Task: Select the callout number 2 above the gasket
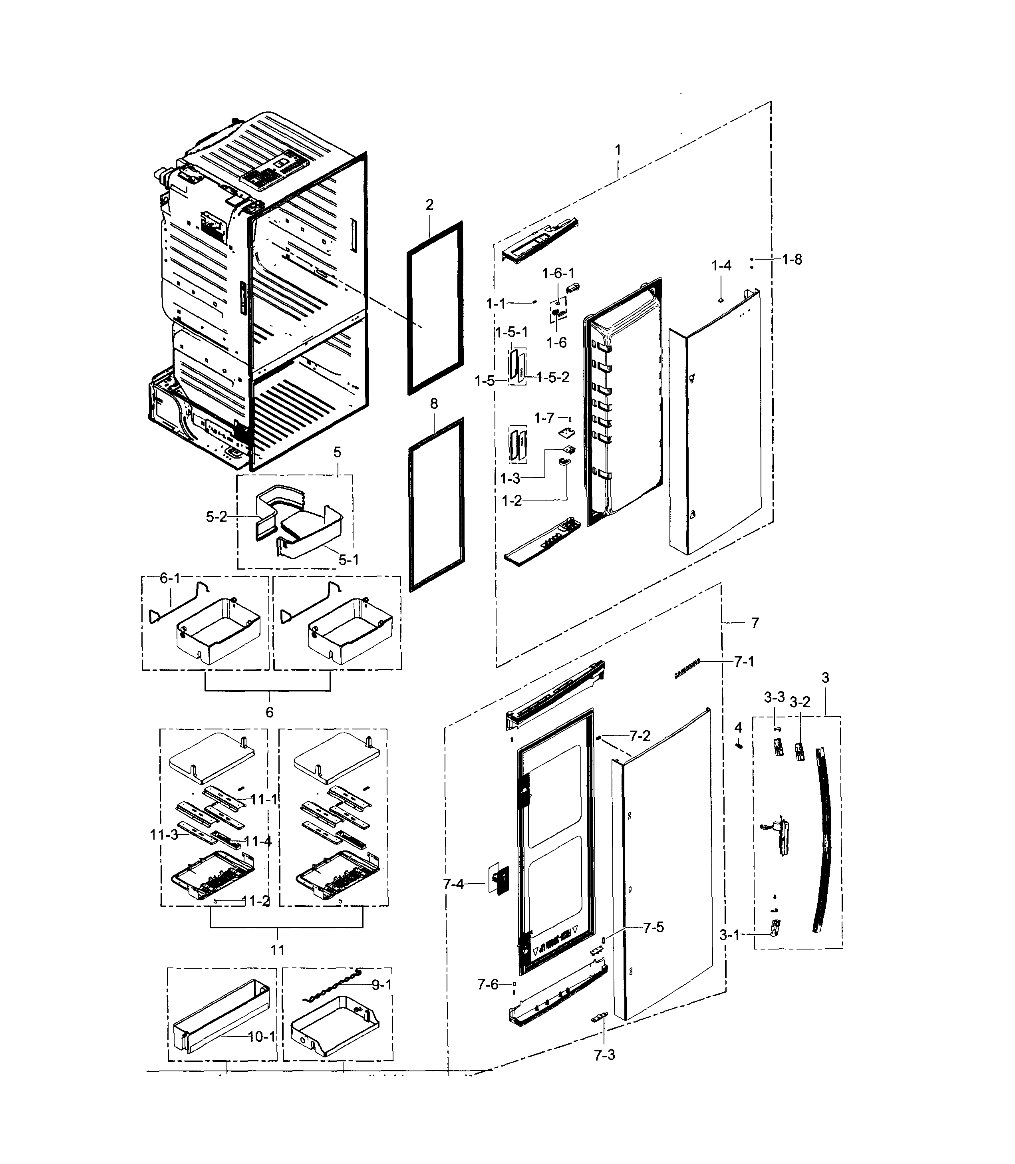(429, 205)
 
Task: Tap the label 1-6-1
(558, 274)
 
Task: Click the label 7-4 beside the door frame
(453, 884)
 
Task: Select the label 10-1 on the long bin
(262, 1036)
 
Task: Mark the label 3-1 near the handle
(729, 935)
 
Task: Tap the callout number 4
(738, 727)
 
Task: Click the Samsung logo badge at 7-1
(687, 668)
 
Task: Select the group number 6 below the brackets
(270, 712)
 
